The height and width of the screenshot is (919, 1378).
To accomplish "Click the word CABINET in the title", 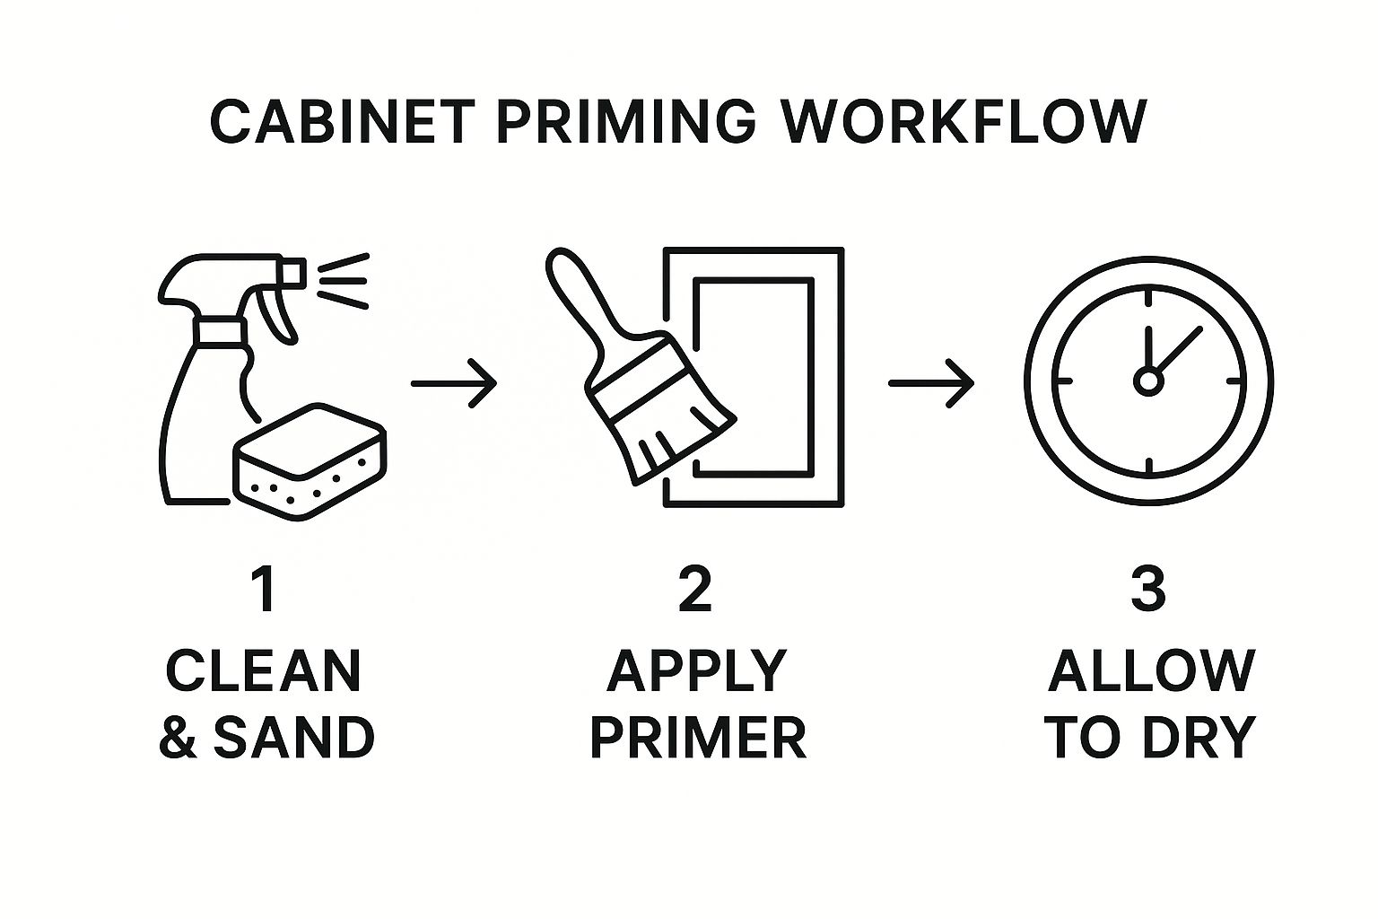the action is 343,121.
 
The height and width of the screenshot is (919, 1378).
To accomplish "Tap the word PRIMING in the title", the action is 625,121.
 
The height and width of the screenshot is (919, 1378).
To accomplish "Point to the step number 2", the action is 695,590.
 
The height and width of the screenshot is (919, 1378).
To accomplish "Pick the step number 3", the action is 1148,590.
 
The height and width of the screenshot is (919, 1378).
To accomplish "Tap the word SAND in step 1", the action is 294,737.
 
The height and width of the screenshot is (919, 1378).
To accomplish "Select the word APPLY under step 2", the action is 696,671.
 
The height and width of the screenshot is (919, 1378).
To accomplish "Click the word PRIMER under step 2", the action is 698,737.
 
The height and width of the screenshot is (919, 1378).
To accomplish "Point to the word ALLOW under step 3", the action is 1151,671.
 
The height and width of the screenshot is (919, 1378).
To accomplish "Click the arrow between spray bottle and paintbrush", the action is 454,383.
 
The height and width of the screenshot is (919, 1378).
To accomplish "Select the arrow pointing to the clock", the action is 931,383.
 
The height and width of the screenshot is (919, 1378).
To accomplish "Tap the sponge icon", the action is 310,461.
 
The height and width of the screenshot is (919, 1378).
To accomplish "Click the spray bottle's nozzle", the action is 292,274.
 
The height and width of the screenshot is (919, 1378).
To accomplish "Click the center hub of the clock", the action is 1148,381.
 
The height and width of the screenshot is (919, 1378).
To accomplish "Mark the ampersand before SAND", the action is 178,738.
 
